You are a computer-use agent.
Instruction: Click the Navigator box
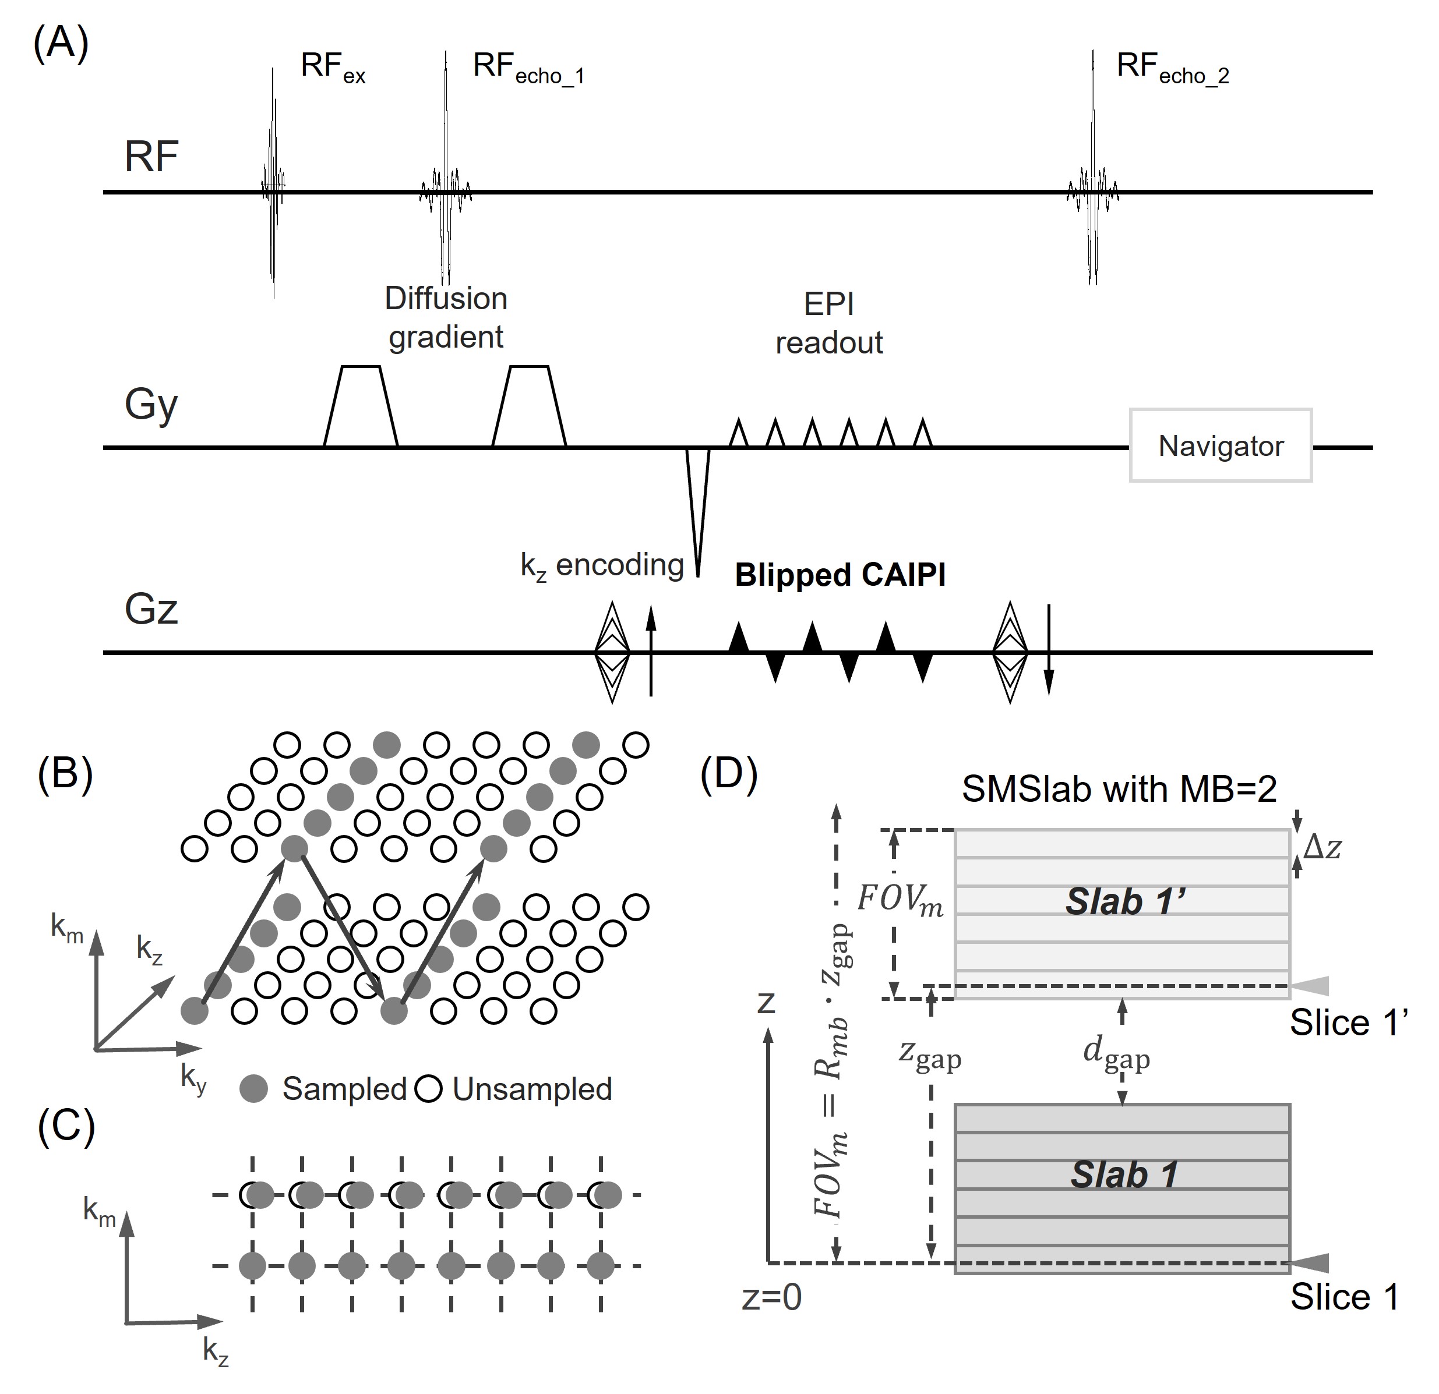click(x=1220, y=445)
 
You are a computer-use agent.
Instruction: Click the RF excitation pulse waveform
click(x=273, y=183)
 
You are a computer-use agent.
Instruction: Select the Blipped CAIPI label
click(x=840, y=575)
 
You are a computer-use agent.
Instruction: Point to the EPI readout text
click(x=829, y=324)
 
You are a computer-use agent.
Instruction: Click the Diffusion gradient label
click(x=446, y=318)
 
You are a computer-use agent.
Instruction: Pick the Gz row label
click(x=151, y=610)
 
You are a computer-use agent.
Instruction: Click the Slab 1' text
click(x=1126, y=902)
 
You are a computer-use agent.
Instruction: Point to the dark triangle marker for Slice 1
click(x=1310, y=1262)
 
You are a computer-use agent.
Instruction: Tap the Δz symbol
click(x=1322, y=847)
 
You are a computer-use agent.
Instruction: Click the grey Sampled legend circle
click(x=254, y=1089)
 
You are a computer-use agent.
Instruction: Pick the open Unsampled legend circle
click(x=429, y=1089)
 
